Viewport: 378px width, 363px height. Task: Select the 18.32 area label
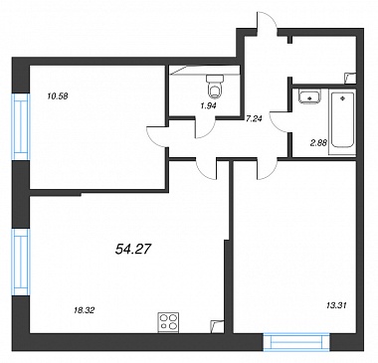click(x=84, y=310)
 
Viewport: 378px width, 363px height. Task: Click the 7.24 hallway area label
click(x=254, y=119)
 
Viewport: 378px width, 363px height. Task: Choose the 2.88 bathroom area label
click(x=319, y=143)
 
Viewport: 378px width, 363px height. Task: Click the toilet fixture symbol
click(x=215, y=87)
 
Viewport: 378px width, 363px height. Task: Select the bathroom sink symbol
click(x=309, y=96)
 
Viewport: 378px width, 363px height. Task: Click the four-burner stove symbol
click(x=168, y=322)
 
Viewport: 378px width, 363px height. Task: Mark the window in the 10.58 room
click(x=21, y=127)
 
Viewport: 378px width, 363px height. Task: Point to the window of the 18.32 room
click(x=21, y=262)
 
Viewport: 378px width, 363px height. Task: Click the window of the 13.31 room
click(x=296, y=342)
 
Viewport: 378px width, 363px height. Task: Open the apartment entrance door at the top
click(x=267, y=22)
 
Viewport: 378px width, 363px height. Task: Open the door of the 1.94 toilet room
click(x=205, y=127)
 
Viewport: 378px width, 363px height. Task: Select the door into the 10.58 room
click(x=158, y=137)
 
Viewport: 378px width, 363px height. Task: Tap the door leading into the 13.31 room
click(x=268, y=169)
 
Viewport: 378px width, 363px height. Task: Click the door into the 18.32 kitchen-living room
click(x=206, y=169)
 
